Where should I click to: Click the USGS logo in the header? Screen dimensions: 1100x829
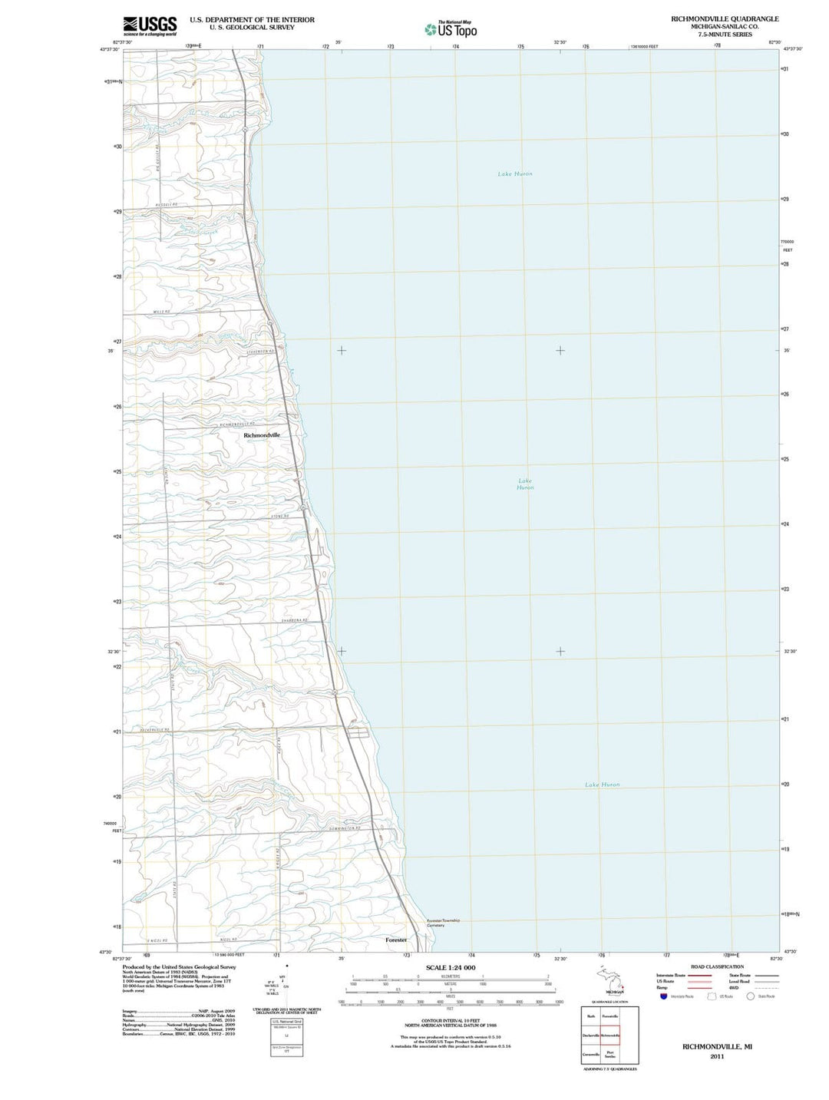[x=150, y=25]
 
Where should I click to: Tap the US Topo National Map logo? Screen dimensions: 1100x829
[x=451, y=29]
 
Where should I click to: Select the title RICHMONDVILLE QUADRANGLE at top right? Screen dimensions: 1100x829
[x=725, y=18]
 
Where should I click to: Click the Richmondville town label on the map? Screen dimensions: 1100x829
[x=262, y=435]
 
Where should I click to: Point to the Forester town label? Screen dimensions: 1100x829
[x=396, y=940]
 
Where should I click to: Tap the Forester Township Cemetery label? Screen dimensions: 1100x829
[x=443, y=923]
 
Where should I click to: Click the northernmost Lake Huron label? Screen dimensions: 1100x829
[x=514, y=174]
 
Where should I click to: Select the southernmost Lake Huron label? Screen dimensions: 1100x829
[x=602, y=785]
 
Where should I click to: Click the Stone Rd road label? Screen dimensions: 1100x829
[x=280, y=517]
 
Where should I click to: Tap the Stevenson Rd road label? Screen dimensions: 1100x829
[x=260, y=351]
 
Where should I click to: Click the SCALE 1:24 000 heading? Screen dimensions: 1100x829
[x=451, y=967]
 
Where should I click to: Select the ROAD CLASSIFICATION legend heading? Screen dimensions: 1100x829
[x=717, y=966]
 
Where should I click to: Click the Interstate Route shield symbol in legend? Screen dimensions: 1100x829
[x=663, y=996]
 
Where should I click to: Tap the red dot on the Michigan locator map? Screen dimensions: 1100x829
[x=623, y=986]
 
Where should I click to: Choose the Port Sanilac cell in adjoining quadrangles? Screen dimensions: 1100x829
[x=609, y=1055]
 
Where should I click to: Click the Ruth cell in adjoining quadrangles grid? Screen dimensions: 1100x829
[x=591, y=1016]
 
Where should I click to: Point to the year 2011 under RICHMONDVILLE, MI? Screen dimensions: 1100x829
[x=717, y=1056]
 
